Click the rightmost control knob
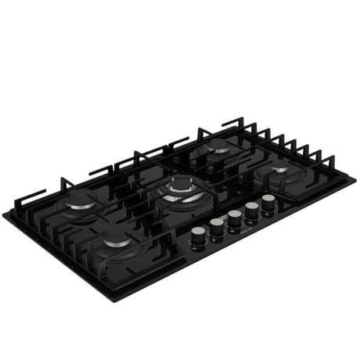click(x=270, y=201)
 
